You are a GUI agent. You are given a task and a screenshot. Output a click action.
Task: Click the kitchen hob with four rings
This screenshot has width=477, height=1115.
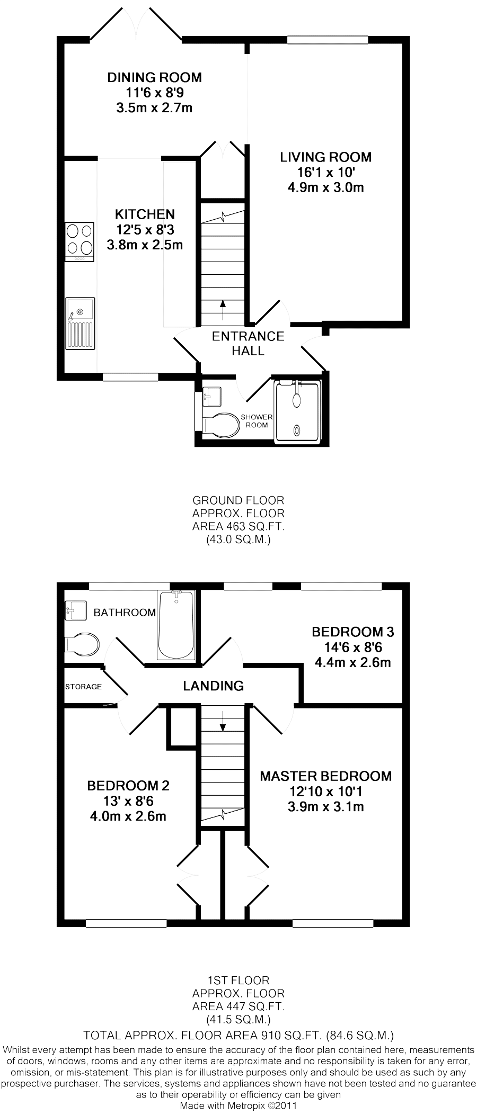(79, 241)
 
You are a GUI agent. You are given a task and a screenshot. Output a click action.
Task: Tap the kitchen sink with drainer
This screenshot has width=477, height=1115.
(80, 323)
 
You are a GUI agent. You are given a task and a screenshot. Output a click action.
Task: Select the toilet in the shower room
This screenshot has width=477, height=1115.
(220, 425)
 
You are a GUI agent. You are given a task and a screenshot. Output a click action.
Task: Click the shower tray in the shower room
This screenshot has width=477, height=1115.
(297, 411)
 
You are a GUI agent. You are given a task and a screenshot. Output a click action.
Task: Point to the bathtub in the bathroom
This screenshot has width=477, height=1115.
(176, 625)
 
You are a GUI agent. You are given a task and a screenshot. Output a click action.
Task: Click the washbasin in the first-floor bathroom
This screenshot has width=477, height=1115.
(75, 610)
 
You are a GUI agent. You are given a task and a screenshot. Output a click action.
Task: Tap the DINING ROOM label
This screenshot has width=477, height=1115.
(154, 78)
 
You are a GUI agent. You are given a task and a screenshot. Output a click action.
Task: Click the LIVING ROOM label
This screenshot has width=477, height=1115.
(325, 157)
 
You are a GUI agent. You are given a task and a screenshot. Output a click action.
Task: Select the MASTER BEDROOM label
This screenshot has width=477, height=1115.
(325, 776)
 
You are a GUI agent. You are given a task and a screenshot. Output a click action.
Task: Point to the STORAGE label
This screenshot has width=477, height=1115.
(83, 687)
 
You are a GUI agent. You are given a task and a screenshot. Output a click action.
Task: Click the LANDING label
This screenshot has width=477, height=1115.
(213, 686)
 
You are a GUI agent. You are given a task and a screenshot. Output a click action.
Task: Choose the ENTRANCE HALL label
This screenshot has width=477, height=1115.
(248, 343)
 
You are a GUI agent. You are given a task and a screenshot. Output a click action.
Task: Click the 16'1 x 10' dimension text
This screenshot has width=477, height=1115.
(325, 172)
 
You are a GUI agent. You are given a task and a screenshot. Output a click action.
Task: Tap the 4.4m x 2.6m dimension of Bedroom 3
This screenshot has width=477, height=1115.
(352, 662)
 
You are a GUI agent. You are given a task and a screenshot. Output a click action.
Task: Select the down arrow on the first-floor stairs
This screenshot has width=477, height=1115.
(223, 720)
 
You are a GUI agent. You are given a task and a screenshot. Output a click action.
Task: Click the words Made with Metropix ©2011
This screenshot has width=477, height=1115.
(238, 1105)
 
